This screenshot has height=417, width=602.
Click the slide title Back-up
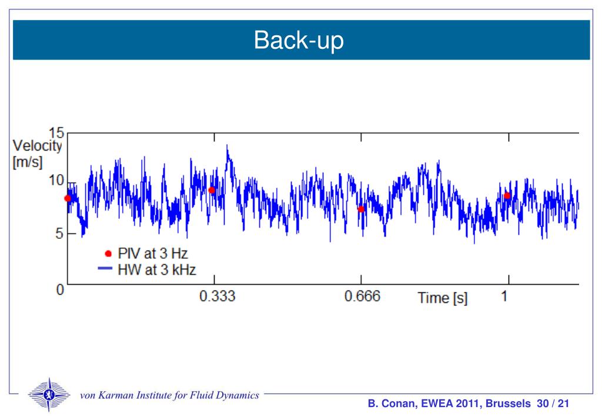(298, 41)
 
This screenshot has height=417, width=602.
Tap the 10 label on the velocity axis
(56, 179)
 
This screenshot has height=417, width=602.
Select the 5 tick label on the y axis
(57, 233)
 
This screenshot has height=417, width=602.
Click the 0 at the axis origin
(59, 291)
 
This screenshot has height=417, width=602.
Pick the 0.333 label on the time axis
(217, 296)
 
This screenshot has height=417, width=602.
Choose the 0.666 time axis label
(362, 296)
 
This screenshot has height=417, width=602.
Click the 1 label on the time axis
(504, 296)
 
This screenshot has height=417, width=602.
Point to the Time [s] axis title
(443, 298)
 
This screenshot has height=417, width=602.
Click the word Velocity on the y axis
(36, 146)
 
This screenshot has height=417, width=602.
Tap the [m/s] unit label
(28, 162)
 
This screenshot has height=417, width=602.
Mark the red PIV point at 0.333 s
(212, 190)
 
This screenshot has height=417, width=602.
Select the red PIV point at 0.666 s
(361, 209)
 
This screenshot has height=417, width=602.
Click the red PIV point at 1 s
(507, 195)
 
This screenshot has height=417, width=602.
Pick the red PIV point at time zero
(68, 198)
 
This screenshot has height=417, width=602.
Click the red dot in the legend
(108, 253)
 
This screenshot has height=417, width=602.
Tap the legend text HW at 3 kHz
(156, 269)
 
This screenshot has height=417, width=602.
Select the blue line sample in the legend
(105, 269)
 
